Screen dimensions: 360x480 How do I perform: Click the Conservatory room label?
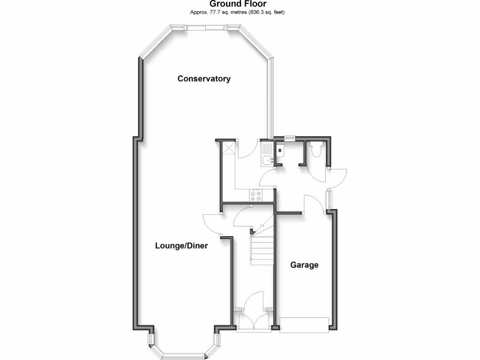(x=204, y=79)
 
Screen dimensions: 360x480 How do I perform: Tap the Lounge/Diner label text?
(x=181, y=246)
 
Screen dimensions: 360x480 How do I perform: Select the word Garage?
(x=304, y=265)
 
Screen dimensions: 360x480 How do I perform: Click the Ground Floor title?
(x=238, y=4)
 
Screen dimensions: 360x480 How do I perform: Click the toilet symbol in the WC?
(x=315, y=150)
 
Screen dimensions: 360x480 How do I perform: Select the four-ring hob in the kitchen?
(x=256, y=195)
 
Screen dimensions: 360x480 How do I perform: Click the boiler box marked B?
(x=280, y=151)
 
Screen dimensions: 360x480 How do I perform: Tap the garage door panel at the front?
(x=304, y=324)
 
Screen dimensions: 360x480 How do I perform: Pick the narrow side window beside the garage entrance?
(x=330, y=199)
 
